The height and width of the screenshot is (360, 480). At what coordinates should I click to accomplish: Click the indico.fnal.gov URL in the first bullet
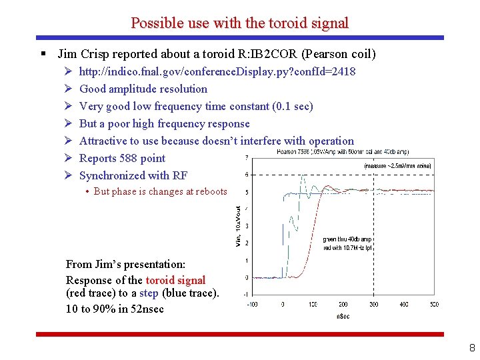pos(217,71)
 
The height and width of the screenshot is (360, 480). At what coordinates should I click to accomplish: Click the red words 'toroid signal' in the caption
pos(175,280)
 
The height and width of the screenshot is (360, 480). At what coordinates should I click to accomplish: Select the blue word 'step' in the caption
pos(149,294)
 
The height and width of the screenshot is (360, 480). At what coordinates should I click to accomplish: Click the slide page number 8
pos(471,347)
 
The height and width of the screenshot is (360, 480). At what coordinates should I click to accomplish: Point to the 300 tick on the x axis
pos(373,305)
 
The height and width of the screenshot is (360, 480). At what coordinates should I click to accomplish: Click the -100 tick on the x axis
pos(252,305)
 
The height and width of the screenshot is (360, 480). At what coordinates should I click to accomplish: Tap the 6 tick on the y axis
pos(247,175)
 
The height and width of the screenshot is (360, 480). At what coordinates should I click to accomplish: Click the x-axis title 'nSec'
pos(343,315)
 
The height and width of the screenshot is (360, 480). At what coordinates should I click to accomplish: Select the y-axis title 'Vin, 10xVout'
pos(239,225)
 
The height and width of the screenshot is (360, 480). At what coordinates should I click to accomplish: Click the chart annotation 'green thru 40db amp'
pos(347,239)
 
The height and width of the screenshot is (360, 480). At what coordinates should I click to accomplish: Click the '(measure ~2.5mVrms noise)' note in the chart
pos(398,165)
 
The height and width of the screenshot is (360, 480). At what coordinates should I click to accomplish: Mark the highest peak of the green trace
pos(303,177)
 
